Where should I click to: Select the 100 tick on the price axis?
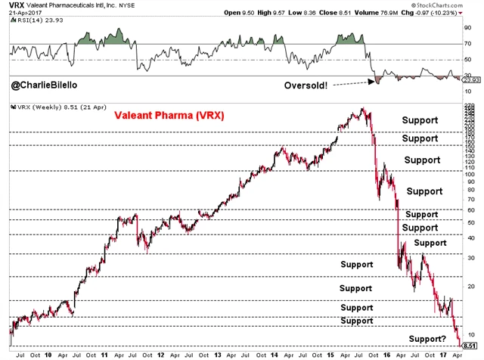click(469, 173)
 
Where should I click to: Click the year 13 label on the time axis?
click(217, 353)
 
